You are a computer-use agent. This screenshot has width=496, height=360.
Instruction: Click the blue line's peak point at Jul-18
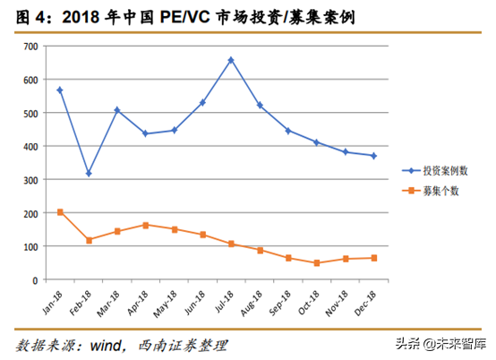click(x=231, y=60)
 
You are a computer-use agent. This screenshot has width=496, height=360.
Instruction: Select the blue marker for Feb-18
click(x=89, y=174)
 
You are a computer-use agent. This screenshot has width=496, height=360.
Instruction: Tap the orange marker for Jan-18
click(x=60, y=212)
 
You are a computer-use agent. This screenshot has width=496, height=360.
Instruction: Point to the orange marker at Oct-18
click(x=317, y=263)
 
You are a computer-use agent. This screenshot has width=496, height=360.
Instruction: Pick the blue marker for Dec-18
click(x=373, y=156)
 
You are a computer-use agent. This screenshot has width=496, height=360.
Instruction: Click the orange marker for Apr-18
click(x=146, y=225)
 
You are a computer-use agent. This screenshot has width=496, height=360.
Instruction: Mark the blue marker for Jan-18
click(x=60, y=90)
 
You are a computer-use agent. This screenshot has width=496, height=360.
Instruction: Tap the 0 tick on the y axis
click(x=34, y=280)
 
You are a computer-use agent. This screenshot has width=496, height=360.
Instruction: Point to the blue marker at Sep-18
click(x=288, y=131)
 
